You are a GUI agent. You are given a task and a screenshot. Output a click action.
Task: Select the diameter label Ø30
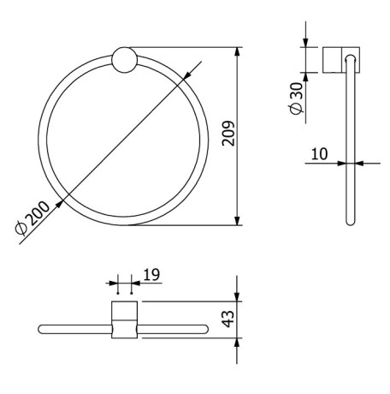(x=296, y=99)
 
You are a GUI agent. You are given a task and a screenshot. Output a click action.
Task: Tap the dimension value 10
(x=320, y=153)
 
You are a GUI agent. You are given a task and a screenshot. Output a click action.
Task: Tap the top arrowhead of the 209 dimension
(x=239, y=51)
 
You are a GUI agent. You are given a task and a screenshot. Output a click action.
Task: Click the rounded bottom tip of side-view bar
(x=349, y=222)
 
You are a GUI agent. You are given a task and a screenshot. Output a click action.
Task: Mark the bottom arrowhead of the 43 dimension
(x=239, y=341)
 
